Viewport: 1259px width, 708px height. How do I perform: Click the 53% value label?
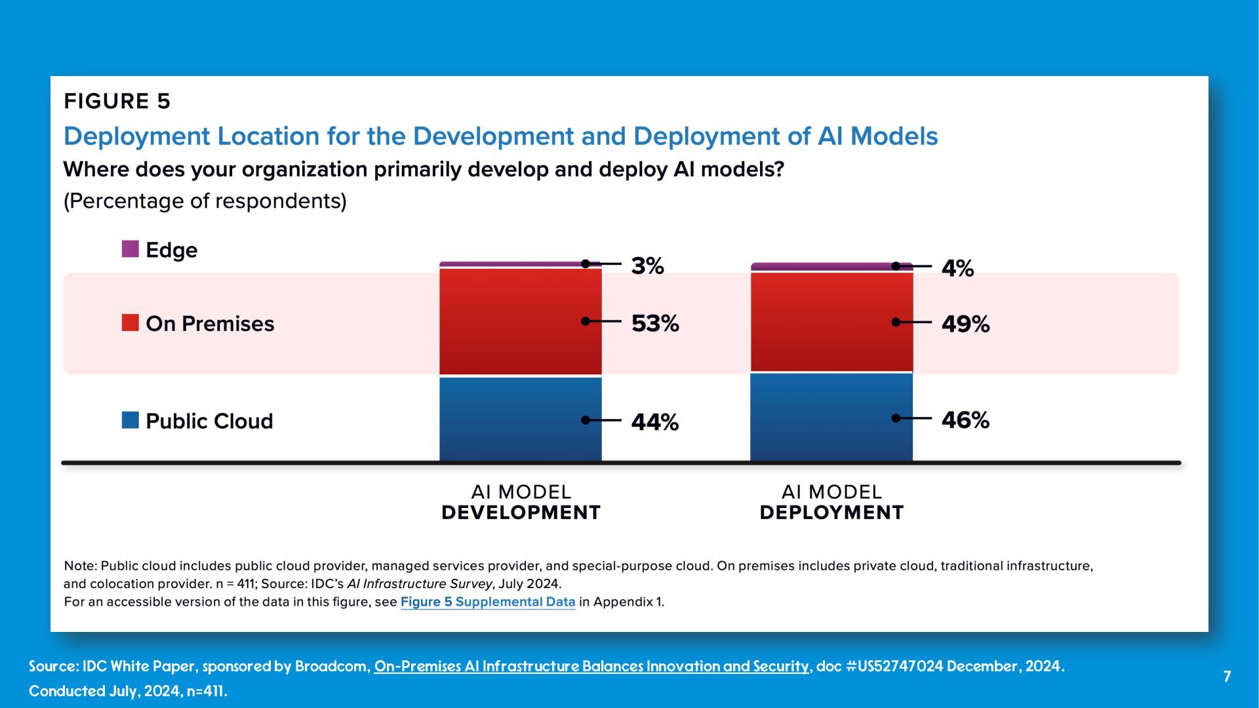click(x=654, y=324)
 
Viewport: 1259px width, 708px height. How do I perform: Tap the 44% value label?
click(x=654, y=422)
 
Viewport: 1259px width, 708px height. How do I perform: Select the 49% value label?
click(x=965, y=324)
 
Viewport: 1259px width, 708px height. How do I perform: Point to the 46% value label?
click(x=965, y=420)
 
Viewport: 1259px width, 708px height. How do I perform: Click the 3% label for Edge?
click(x=647, y=266)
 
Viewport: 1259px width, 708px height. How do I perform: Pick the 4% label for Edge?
click(x=957, y=269)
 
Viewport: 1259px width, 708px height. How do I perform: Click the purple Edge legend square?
click(x=130, y=249)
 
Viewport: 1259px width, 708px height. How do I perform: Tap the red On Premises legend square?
click(x=130, y=323)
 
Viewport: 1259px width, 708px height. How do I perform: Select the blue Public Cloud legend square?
click(x=130, y=420)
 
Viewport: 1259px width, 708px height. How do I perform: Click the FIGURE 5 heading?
click(x=117, y=102)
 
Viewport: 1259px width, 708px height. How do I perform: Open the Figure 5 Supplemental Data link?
click(x=488, y=602)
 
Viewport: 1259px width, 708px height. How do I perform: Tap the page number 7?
click(x=1227, y=677)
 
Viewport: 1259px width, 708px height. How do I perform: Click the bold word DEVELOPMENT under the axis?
click(x=521, y=513)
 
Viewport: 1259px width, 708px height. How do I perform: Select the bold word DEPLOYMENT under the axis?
click(x=831, y=513)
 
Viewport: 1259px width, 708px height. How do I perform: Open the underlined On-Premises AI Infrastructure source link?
click(x=591, y=667)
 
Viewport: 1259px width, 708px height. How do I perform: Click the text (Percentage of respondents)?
click(x=205, y=201)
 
